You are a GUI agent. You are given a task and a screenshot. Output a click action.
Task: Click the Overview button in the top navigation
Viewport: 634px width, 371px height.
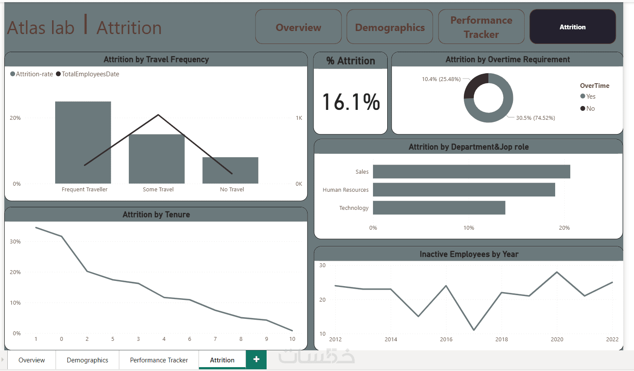point(298,27)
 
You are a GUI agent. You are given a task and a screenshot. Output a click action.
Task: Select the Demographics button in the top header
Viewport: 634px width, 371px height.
point(389,27)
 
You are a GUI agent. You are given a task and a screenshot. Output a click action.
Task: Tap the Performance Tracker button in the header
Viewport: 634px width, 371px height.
point(481,27)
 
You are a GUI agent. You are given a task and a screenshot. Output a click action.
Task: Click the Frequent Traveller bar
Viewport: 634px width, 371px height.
point(83,142)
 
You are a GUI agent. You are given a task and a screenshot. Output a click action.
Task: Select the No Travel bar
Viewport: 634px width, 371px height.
point(230,170)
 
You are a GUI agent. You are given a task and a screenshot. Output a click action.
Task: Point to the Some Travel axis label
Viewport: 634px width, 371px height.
point(158,190)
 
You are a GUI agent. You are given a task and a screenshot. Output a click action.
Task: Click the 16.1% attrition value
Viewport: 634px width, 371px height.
point(351,102)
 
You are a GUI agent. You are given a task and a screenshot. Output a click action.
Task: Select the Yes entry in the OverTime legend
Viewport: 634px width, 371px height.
point(588,97)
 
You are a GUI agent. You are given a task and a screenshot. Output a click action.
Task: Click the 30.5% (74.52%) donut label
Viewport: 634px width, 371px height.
point(535,118)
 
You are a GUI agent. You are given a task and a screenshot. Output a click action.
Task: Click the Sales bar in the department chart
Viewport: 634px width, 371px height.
point(471,171)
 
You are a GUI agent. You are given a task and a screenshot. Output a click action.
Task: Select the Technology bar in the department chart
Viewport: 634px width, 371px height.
point(438,208)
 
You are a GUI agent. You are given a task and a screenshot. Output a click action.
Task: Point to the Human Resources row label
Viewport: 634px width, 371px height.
point(345,190)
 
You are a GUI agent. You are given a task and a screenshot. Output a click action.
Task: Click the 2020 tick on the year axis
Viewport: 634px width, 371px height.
point(556,340)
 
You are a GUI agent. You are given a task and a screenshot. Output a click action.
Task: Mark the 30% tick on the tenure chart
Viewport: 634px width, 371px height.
point(16,242)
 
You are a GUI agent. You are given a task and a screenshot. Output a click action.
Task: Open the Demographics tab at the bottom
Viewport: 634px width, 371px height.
point(87,360)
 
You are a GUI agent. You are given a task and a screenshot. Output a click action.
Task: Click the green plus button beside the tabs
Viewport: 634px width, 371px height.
point(256,359)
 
